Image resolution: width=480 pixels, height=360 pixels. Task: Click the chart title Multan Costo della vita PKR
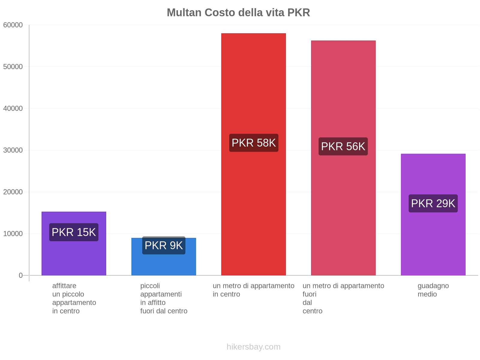[238, 13]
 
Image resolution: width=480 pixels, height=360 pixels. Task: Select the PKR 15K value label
[74, 232]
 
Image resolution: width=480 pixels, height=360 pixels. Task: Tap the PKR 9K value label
[164, 245]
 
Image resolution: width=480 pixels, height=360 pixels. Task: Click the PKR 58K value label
[254, 143]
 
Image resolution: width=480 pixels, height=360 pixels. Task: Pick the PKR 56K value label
[343, 146]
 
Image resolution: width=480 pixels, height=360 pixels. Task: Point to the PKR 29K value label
[433, 203]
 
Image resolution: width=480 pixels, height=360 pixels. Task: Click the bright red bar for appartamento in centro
[253, 90]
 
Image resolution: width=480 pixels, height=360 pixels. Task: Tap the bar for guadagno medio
[433, 240]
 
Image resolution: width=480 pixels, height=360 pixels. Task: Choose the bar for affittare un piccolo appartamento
[74, 258]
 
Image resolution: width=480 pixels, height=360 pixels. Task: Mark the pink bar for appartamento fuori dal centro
[343, 90]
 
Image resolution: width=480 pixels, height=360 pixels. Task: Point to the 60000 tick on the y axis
[13, 25]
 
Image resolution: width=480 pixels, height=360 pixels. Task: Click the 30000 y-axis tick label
[13, 150]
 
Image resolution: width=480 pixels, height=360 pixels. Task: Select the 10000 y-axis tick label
[13, 234]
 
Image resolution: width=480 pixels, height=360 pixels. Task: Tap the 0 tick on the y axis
[21, 275]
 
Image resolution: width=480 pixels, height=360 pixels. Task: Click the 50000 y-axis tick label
[13, 67]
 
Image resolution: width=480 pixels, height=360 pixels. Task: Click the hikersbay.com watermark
[253, 347]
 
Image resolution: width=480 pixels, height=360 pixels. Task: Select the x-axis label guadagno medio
[433, 290]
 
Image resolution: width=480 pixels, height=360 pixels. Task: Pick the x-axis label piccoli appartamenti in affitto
[164, 298]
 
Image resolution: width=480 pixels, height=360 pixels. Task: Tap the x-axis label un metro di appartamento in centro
[253, 290]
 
